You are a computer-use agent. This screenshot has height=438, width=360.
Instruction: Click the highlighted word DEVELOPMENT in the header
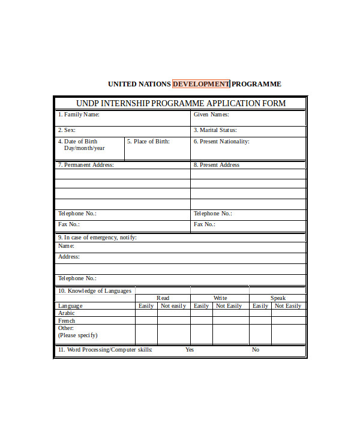201,84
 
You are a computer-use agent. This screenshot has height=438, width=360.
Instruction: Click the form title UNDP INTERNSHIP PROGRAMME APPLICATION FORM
181,103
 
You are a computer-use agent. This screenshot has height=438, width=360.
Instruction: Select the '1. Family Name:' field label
79,115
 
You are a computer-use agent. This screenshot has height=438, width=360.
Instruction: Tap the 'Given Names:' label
211,115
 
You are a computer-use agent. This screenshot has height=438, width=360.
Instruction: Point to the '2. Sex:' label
67,130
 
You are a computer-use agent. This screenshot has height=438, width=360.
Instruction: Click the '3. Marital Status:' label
215,130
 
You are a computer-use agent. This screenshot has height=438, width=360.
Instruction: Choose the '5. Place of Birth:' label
148,142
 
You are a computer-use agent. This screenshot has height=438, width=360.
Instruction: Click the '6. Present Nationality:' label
221,142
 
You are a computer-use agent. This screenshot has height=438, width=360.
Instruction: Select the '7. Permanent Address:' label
86,165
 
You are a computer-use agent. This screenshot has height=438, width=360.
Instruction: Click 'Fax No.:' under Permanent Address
69,224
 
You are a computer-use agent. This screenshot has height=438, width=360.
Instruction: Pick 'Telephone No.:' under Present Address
212,214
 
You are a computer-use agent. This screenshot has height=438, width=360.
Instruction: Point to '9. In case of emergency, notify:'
97,238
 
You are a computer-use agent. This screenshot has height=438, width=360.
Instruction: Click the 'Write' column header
220,298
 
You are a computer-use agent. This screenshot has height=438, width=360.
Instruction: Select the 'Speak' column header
278,298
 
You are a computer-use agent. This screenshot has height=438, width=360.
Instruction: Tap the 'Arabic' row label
67,313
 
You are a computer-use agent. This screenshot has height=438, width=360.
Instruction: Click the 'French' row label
67,321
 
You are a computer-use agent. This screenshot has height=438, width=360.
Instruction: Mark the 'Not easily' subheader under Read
173,306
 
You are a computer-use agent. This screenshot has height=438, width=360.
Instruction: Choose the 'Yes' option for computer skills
190,350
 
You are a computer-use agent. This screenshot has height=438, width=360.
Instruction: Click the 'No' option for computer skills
256,350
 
